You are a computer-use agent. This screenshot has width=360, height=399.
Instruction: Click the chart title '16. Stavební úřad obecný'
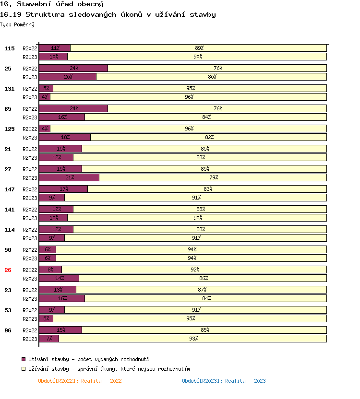52,4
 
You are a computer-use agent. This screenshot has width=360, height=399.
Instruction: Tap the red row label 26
8,270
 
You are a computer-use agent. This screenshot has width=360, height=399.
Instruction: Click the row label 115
10,48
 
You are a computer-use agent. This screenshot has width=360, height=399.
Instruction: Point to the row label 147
10,189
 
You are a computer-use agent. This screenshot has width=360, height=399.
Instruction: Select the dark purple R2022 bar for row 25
73,68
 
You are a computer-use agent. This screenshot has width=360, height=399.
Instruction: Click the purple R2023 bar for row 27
69,177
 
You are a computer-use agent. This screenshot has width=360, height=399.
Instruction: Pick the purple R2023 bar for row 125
65,137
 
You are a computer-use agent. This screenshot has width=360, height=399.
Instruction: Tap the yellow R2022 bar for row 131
190,88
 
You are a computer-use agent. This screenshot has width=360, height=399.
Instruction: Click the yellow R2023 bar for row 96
192,339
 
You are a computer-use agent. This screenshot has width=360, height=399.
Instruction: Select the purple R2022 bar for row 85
73,108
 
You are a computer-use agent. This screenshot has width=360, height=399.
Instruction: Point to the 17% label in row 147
64,189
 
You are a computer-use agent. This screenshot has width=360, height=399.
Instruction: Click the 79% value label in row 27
214,177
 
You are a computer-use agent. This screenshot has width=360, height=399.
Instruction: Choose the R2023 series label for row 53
30,319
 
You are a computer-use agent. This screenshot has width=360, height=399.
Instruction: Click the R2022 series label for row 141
30,210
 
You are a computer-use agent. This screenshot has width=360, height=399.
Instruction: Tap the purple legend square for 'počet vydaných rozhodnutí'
24,359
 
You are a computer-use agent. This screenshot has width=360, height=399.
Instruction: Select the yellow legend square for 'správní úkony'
24,369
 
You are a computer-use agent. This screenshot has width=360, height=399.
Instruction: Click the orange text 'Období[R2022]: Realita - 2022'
80,381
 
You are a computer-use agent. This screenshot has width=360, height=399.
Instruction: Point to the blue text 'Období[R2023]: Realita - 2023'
224,381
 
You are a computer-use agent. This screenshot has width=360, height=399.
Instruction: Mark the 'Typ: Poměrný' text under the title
17,24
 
